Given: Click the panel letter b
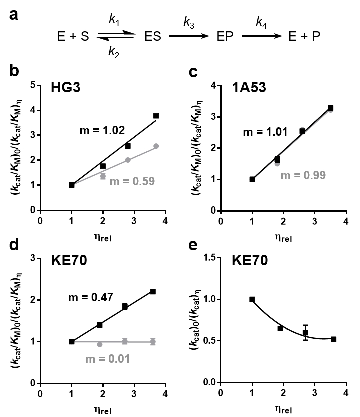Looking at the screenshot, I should point(14,71).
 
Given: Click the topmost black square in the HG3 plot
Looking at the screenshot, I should point(156,116).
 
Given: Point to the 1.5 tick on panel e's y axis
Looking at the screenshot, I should point(210,257).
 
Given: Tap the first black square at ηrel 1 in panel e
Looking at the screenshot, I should point(252,299).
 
